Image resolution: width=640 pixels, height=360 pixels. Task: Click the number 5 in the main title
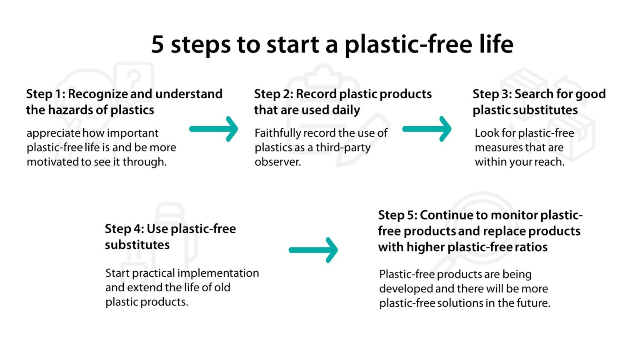157,44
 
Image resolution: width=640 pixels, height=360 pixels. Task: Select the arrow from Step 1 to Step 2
214,129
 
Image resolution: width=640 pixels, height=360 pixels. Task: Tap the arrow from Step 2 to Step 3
427,129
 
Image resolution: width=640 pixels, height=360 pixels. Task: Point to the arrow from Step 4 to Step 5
313,250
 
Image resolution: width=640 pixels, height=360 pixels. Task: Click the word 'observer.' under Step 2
277,162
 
